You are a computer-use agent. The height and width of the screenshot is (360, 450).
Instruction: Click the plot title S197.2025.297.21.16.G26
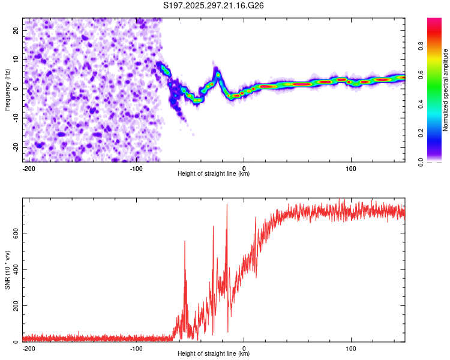pyautogui.click(x=214, y=6)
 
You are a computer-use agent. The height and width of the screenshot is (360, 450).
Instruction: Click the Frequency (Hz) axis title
pyautogui.click(x=7, y=90)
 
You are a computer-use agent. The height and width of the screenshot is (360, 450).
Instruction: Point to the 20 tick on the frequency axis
pyautogui.click(x=17, y=30)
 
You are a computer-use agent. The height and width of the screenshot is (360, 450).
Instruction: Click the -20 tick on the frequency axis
pyautogui.click(x=16, y=147)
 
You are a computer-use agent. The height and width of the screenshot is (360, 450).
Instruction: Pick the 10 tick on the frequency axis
pyautogui.click(x=17, y=59)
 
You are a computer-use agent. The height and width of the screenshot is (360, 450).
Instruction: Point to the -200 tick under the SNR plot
pyautogui.click(x=29, y=348)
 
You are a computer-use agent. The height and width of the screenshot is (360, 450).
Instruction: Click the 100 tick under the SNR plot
pyautogui.click(x=351, y=348)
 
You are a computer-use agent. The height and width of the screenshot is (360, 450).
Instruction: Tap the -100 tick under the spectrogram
pyautogui.click(x=136, y=168)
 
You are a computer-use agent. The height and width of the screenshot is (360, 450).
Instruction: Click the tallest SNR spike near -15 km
pyautogui.click(x=227, y=205)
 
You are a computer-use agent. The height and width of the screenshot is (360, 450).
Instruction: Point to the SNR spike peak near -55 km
pyautogui.click(x=185, y=241)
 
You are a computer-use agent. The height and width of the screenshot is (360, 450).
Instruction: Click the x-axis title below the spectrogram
pyautogui.click(x=214, y=174)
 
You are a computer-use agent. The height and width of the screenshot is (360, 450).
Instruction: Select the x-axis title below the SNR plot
pyautogui.click(x=214, y=354)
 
